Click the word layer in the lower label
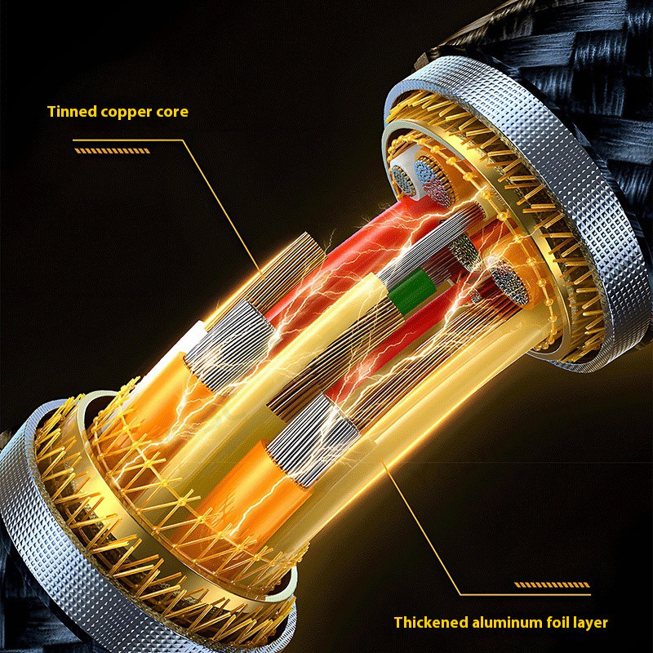coord(590,623)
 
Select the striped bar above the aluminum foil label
coord(552,584)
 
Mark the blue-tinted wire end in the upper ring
coord(422,170)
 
